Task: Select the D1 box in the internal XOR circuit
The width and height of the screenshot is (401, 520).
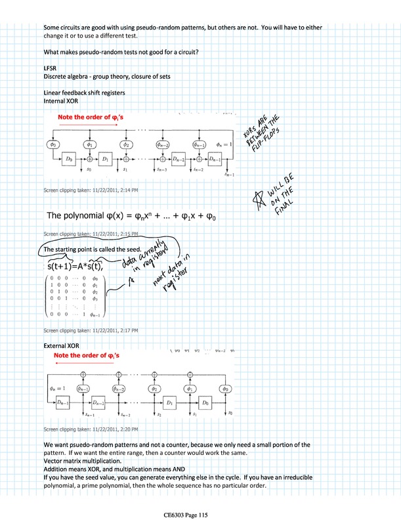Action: click(106, 160)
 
